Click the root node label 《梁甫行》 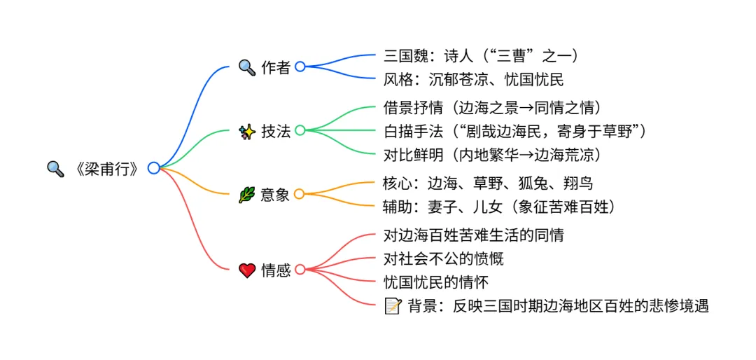(x=106, y=169)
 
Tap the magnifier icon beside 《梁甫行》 (x=55, y=169)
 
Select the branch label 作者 (x=275, y=67)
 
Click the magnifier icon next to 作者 (x=247, y=67)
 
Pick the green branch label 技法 (x=275, y=131)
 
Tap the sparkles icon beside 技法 (x=247, y=131)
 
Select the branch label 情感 (x=275, y=270)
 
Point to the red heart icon (x=247, y=270)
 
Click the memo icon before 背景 (x=393, y=306)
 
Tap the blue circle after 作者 (x=300, y=67)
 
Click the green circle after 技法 (x=300, y=130)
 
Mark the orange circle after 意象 (x=300, y=195)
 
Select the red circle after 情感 (x=300, y=270)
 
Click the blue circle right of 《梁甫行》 (x=153, y=168)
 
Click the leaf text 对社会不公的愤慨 (x=444, y=259)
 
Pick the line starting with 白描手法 (x=514, y=130)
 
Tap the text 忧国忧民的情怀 (x=436, y=283)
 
